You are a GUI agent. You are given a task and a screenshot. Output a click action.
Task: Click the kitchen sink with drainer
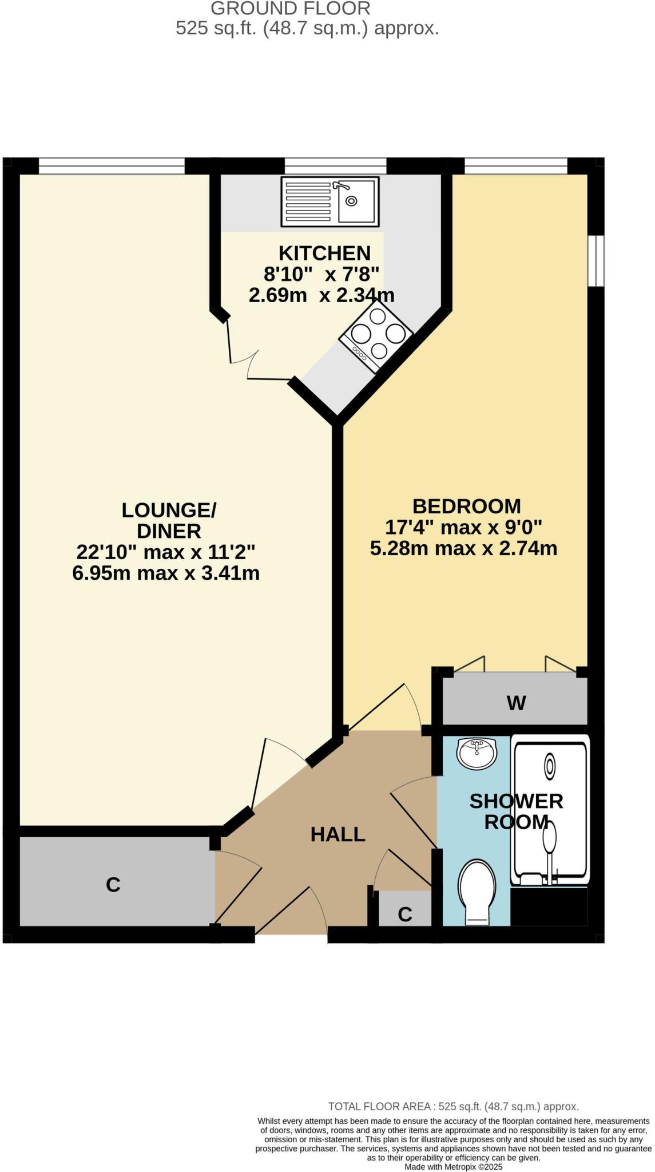[x=330, y=201]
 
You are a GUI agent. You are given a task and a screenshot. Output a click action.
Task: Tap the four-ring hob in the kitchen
[x=376, y=334]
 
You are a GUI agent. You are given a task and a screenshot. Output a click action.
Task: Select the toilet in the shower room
[x=476, y=890]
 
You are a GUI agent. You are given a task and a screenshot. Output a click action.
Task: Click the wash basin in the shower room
[x=476, y=753]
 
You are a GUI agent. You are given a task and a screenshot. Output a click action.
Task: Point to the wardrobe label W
[x=516, y=703]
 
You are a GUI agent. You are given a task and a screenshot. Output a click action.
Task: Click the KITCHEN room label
[x=324, y=253]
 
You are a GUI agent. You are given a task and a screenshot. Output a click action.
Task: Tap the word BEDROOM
[x=466, y=506]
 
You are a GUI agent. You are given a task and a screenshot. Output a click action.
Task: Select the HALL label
[x=338, y=834]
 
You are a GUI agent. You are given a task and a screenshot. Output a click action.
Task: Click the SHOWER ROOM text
[x=516, y=811]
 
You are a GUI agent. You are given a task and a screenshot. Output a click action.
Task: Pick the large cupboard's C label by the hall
[x=113, y=885]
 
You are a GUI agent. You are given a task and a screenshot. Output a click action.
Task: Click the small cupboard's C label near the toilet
[x=404, y=914]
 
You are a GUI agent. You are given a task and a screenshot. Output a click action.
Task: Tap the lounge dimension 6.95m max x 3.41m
[x=166, y=573]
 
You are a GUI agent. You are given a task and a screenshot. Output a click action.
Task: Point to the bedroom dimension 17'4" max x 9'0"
[x=463, y=527]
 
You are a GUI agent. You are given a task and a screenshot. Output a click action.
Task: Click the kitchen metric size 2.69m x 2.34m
[x=321, y=295]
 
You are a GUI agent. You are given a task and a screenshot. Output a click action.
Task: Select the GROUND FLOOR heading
[x=291, y=9]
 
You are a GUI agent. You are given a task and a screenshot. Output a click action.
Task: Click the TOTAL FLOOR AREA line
[x=453, y=1107]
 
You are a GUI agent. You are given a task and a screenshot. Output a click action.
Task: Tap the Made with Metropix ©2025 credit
[x=453, y=1166]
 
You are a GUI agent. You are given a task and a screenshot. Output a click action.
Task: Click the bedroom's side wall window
[x=596, y=260]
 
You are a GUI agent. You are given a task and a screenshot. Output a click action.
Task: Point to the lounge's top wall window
[x=112, y=167]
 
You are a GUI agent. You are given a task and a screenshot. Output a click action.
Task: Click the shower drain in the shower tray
[x=550, y=766]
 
